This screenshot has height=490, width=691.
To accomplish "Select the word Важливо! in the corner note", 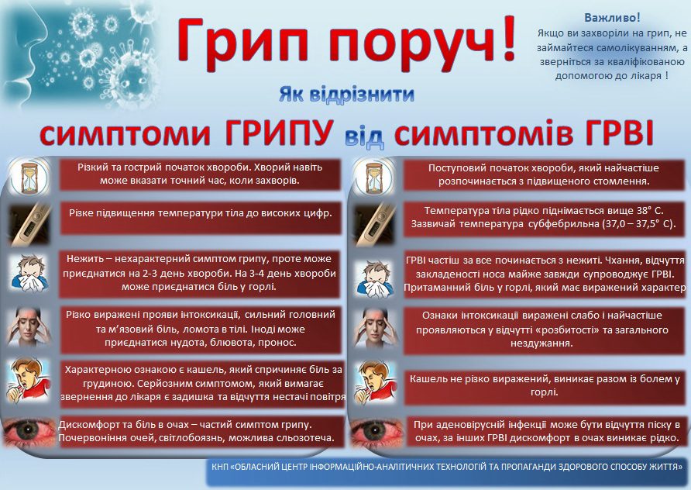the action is [612, 18].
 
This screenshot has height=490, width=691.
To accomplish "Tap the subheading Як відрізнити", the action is [346, 95].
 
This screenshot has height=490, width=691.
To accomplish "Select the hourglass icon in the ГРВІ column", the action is [375, 178].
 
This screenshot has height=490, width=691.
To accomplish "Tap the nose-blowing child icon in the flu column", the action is [29, 274].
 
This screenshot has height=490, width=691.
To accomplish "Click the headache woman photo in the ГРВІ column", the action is [375, 328].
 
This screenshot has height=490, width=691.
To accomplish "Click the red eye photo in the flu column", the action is [30, 432].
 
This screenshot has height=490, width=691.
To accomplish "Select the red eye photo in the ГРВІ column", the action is [377, 432].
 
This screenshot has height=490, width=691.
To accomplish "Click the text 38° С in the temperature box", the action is [648, 210].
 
